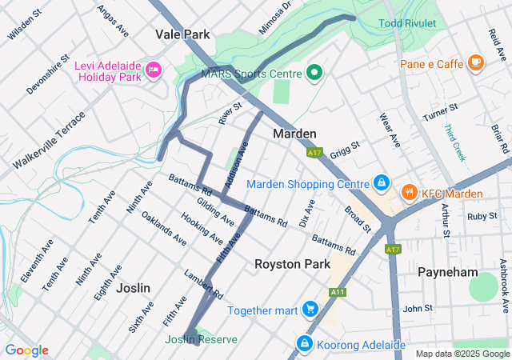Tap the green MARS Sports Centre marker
tap(314, 74)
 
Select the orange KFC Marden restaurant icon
tap(410, 191)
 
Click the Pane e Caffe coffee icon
tap(476, 62)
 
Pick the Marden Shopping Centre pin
tap(382, 184)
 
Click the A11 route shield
tap(338, 293)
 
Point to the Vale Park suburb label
tap(182, 35)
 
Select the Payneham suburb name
tap(448, 273)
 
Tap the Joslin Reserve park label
tap(202, 340)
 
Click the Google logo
tap(26, 350)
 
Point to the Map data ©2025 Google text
tap(462, 354)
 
